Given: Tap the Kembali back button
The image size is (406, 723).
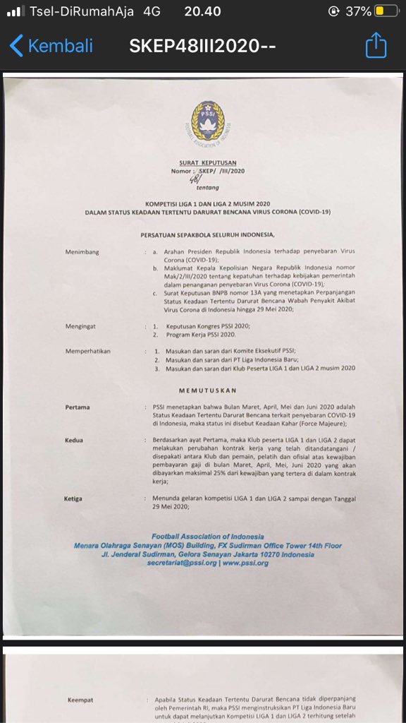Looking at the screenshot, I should point(51,47).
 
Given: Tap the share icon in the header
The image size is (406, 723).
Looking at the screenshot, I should point(376,47).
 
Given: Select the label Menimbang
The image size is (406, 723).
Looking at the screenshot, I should point(86,251).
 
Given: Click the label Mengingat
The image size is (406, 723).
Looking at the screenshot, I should point(84,327).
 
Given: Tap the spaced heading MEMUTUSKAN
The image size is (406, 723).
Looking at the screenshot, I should point(207,390).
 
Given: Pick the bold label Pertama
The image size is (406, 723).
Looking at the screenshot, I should point(78,407).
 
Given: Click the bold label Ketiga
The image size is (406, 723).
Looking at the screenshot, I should point(73,498).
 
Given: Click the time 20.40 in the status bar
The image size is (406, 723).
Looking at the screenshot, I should point(202,11).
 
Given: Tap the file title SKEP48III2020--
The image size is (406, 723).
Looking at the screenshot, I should point(202,47).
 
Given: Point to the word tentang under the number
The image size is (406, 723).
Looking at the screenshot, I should point(208,188).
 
